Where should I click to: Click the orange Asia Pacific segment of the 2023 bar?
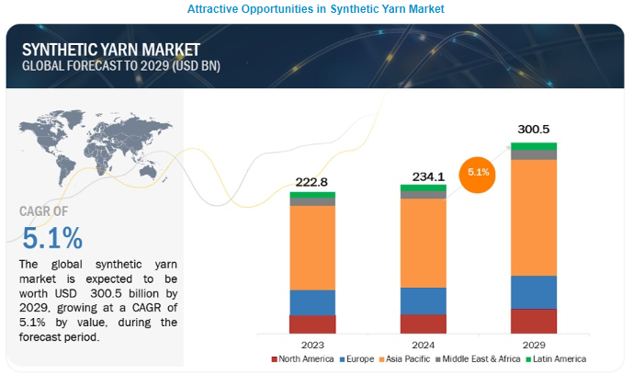click(312, 247)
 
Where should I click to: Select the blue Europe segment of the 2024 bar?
click(423, 301)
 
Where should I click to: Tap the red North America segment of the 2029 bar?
click(534, 321)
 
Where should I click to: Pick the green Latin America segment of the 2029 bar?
click(534, 146)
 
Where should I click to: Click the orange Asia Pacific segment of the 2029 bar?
click(534, 218)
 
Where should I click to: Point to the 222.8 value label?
click(312, 183)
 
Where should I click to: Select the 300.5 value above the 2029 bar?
click(534, 130)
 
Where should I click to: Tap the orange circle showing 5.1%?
click(478, 174)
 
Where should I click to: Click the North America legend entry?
click(303, 358)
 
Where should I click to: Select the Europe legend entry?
click(358, 358)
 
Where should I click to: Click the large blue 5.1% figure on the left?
click(52, 239)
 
